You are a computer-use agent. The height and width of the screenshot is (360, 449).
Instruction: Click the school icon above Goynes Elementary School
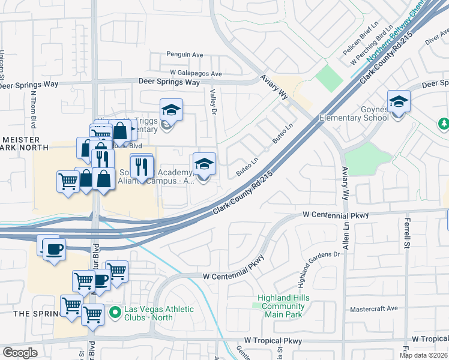click(399, 102)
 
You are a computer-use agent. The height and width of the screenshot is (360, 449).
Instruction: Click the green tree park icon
click(444, 124)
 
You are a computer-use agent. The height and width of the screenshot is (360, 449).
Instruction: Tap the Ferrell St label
click(406, 234)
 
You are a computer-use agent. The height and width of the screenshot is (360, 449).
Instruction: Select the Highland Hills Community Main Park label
click(281, 304)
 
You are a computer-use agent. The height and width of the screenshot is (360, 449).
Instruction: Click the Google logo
click(20, 353)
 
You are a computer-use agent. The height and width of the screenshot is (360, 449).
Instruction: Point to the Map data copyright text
click(423, 355)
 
